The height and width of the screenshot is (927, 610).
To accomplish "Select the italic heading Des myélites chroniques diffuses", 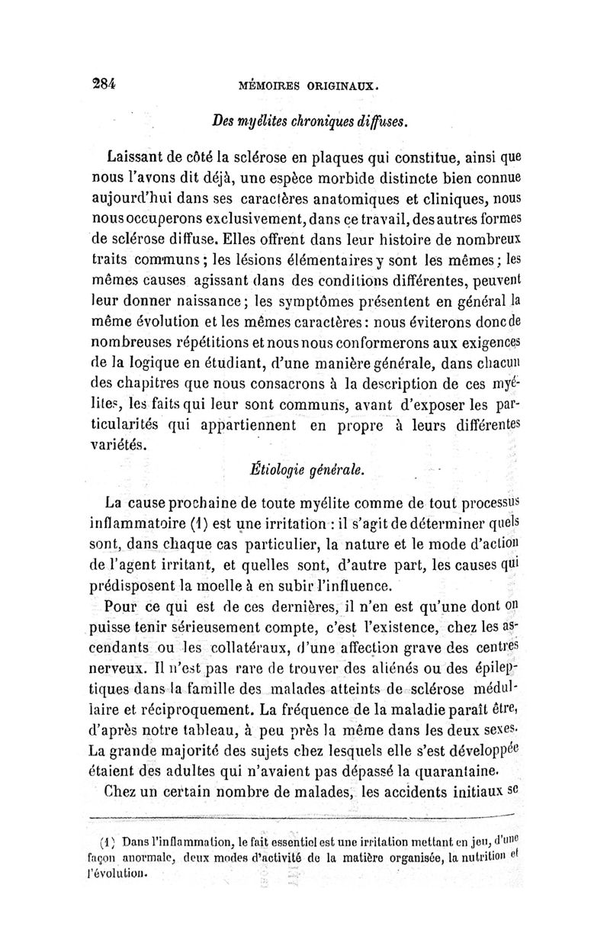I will tap(310, 120).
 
